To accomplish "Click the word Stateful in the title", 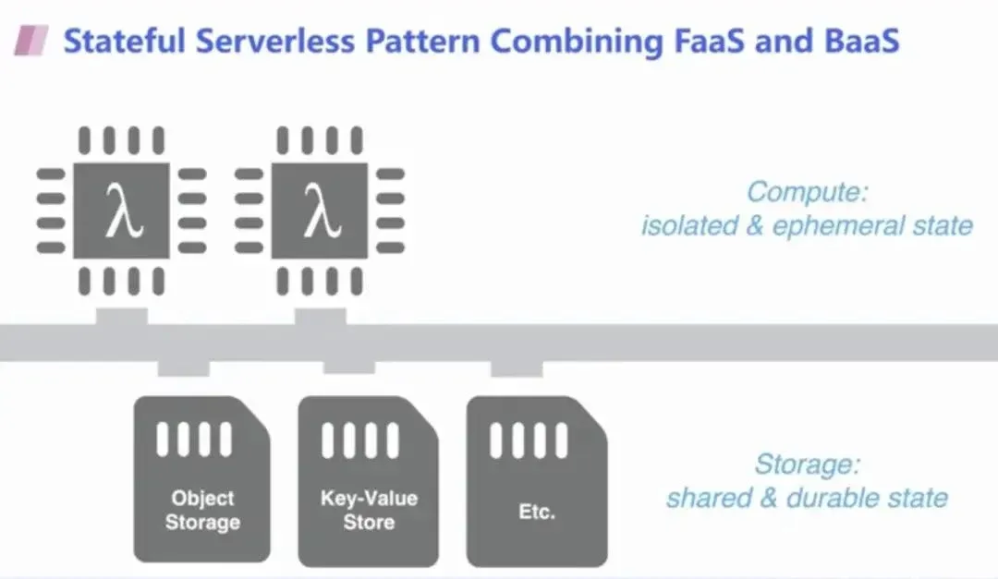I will tap(119, 41).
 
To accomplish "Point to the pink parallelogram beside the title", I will tap(30, 41).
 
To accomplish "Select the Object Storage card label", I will tap(202, 510).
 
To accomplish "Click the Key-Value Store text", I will tap(369, 510).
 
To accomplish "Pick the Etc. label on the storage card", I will tap(537, 511).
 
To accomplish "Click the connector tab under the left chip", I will tap(121, 316).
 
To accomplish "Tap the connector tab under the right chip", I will tap(320, 316).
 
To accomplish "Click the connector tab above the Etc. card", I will tap(517, 368).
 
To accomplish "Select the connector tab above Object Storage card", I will tap(184, 368).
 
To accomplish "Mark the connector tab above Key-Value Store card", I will tap(349, 368).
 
